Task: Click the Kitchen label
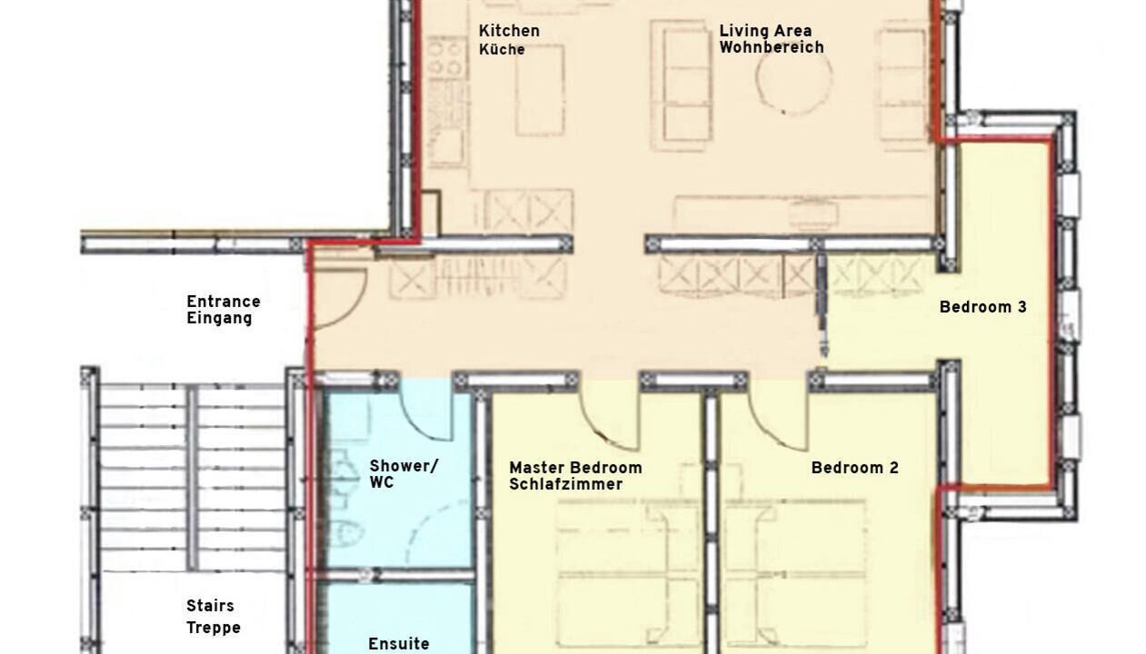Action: point(509,31)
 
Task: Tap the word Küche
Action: point(502,50)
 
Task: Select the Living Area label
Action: point(765,31)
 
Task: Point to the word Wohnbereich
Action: point(772,47)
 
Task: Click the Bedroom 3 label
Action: point(982,307)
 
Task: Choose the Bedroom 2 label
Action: point(855,468)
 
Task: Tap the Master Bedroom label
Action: point(575,468)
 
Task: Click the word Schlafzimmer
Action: point(566,484)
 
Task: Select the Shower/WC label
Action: point(404,474)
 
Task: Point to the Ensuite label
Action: point(399,644)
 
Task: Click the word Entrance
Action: point(224,302)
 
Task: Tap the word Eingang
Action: point(220,318)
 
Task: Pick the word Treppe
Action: point(214,628)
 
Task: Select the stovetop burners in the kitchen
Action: point(447,57)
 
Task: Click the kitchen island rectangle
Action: point(540,91)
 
